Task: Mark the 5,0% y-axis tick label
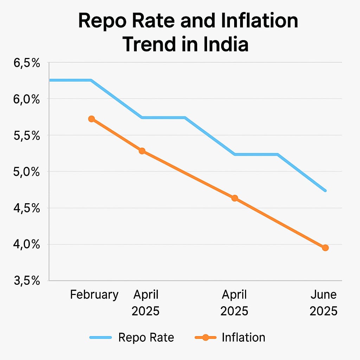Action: (27, 172)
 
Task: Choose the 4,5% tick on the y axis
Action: (27, 208)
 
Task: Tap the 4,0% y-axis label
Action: (27, 245)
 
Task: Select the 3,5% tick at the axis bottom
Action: (27, 281)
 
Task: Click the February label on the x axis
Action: (94, 295)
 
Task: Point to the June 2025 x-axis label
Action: (323, 303)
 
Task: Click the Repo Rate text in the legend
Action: (146, 337)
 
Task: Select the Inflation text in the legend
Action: (243, 337)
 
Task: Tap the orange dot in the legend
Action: (206, 337)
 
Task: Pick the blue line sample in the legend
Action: (101, 337)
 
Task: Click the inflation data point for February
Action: (91, 119)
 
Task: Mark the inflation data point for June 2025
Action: (325, 248)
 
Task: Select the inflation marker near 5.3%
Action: (142, 151)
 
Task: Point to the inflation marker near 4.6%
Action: (234, 198)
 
